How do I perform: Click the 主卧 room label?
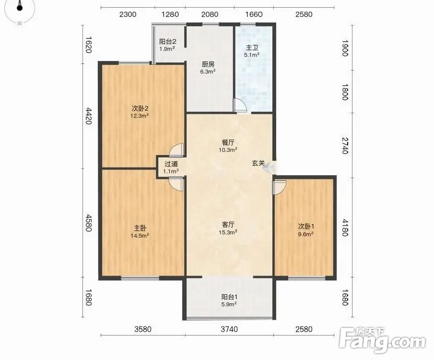click(140, 228)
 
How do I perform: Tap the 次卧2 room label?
click(140, 108)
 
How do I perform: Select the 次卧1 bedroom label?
click(306, 227)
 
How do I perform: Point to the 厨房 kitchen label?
click(208, 65)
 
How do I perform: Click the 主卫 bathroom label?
click(252, 48)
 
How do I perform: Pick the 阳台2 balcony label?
click(168, 42)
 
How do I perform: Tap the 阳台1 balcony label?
click(229, 297)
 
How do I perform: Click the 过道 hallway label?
click(171, 164)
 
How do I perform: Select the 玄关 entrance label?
click(258, 163)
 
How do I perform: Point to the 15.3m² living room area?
click(228, 232)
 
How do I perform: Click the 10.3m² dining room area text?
click(228, 150)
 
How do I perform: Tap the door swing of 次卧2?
click(177, 150)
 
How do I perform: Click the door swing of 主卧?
click(176, 184)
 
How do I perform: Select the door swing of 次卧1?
click(279, 188)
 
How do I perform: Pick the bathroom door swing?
click(239, 105)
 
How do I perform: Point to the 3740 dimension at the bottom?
click(229, 329)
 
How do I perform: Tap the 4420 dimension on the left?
click(88, 116)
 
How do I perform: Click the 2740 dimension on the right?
click(344, 145)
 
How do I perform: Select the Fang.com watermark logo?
click(382, 340)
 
